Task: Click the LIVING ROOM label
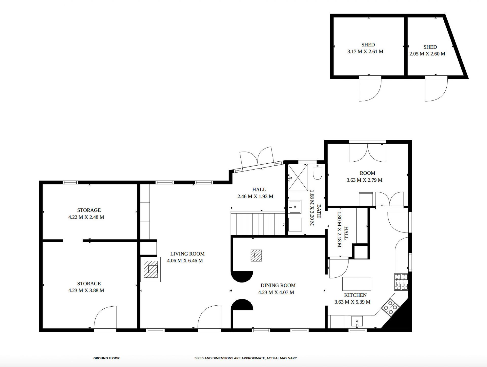187,254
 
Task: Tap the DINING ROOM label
278,285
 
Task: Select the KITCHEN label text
355,295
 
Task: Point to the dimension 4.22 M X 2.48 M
86,217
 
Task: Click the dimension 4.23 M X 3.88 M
86,290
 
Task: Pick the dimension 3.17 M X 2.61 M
365,52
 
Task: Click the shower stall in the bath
298,177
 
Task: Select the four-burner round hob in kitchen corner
391,308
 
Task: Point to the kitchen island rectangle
357,284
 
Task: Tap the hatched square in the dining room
256,256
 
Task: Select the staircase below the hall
258,224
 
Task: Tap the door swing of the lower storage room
105,318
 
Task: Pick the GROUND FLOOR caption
107,358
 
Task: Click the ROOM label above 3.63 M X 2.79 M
368,173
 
